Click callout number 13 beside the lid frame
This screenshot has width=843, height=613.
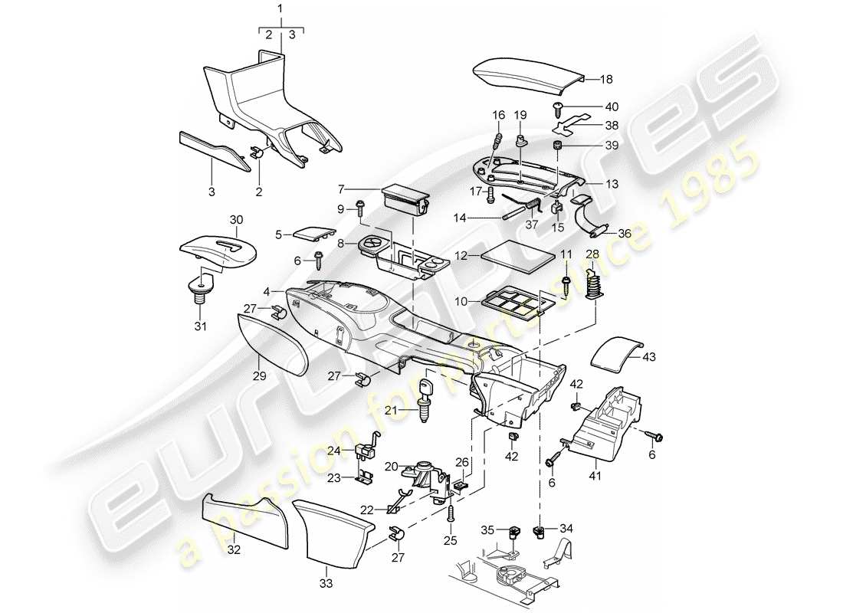click(612, 184)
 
